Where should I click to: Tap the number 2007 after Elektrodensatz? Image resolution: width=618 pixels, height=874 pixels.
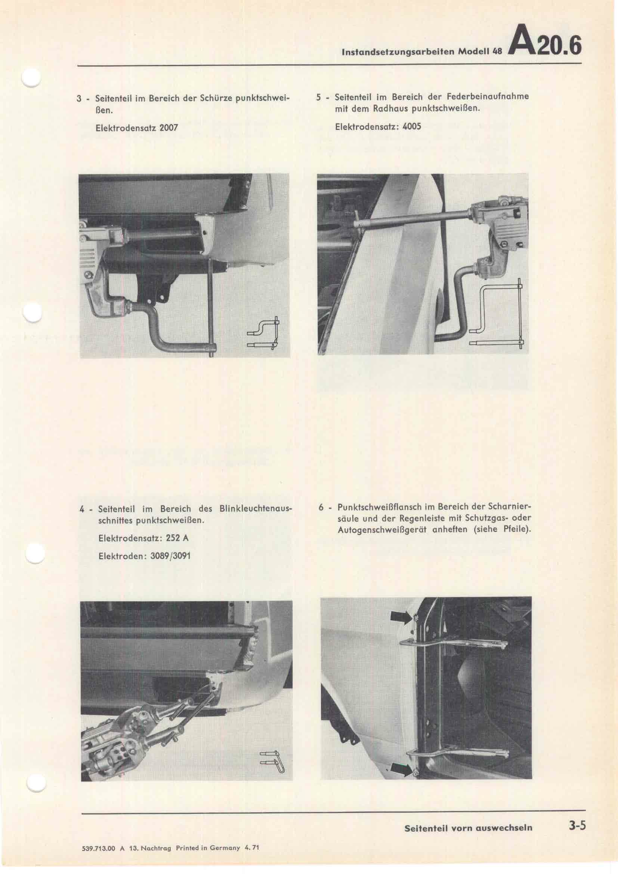[x=169, y=127]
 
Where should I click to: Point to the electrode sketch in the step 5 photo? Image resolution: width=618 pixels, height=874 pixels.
[x=497, y=316]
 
